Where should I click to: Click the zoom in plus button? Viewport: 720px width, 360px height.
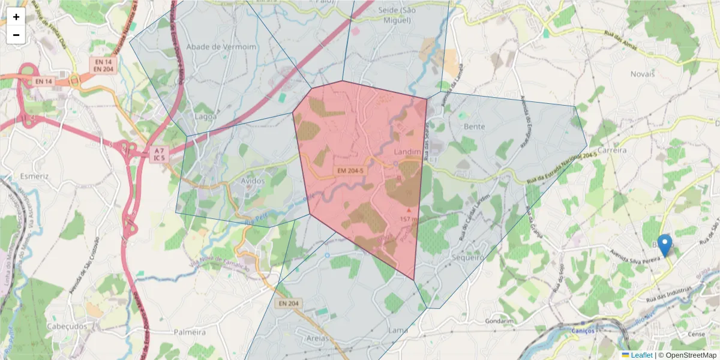pos(16,17)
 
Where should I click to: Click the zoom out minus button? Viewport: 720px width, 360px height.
pos(16,35)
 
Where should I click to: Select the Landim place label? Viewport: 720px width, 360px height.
pos(408,152)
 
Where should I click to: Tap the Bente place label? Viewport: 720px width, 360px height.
pos(474,127)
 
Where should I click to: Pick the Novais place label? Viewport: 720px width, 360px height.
pos(643,74)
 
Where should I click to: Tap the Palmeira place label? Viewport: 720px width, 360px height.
pos(190,332)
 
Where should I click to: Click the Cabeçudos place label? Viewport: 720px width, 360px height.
pos(66,326)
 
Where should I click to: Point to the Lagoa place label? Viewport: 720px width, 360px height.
pos(206,116)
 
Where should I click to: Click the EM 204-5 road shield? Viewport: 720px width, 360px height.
pos(350,171)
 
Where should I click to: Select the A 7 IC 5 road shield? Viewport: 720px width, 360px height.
pos(158,154)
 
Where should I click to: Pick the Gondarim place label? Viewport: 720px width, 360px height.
pos(500,321)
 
